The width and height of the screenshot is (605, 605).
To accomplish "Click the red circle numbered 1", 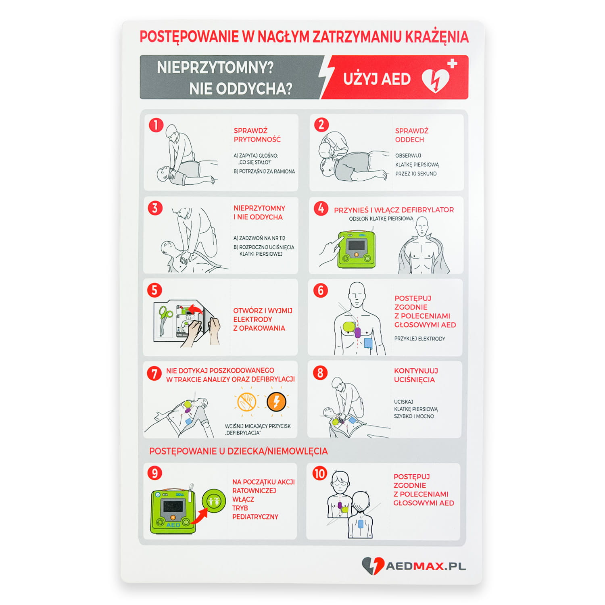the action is tap(156, 125).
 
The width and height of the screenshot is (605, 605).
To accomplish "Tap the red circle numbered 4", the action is tap(321, 209).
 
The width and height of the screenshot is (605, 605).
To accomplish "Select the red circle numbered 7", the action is tap(154, 373).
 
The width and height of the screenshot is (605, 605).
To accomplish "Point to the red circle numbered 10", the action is tap(320, 473).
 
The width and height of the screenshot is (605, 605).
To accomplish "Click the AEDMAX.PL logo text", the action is tap(426, 566).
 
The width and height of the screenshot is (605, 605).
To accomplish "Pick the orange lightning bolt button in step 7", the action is tap(276, 402).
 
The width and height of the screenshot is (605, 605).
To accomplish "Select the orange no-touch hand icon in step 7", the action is tap(246, 402).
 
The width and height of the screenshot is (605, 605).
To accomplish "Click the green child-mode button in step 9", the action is tap(214, 501).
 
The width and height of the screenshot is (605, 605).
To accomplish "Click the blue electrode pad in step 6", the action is tap(368, 343).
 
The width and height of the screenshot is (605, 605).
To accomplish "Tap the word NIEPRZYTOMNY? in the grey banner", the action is tap(215, 67).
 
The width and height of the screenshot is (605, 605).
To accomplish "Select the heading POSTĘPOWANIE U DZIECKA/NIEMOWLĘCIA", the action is tap(238, 451).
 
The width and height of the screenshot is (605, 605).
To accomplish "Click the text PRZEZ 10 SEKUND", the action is tap(416, 174).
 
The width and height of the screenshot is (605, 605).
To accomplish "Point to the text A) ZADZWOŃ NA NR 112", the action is tap(259, 238).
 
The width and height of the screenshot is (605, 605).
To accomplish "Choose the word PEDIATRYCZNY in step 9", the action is tap(255, 517).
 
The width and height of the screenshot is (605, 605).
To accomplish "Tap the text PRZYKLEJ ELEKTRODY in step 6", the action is tap(420, 339).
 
